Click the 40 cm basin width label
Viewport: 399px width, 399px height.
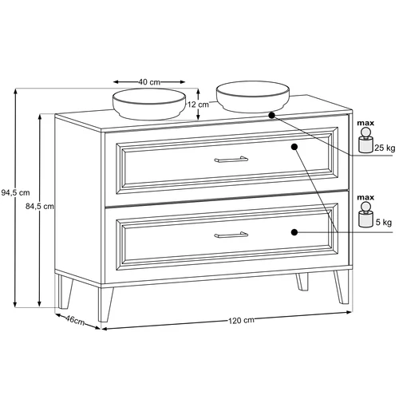[x=149, y=82]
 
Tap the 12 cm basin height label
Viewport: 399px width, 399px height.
[x=198, y=105]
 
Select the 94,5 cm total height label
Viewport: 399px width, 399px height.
[x=15, y=192]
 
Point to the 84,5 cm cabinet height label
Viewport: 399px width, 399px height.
[x=40, y=206]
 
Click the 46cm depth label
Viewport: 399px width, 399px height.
[x=75, y=320]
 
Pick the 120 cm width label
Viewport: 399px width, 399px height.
[x=241, y=321]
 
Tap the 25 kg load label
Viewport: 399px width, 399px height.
[x=385, y=148]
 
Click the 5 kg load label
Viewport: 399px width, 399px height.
[x=384, y=222]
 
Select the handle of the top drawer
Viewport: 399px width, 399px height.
[x=231, y=160]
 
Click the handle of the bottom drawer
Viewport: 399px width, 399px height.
[x=231, y=235]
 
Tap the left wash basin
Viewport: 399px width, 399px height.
[x=149, y=104]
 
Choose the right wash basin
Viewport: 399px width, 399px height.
[x=253, y=97]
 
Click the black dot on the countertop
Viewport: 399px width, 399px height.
[x=271, y=115]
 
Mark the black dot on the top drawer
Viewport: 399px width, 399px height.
[x=294, y=147]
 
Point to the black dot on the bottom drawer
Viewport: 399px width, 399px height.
[x=294, y=232]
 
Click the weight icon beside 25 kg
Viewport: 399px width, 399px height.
[x=365, y=140]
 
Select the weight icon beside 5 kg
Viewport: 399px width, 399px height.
[x=365, y=215]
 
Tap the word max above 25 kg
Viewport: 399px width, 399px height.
[x=365, y=123]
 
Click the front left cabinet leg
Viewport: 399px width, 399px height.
[x=105, y=305]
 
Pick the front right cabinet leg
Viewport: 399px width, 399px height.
[x=342, y=287]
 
